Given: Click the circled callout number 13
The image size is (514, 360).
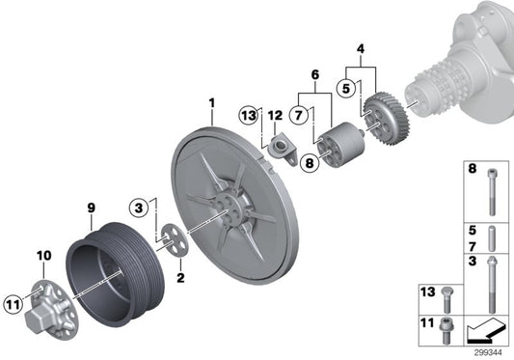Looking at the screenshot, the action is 249,116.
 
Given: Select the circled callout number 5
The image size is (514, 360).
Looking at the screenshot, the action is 346,88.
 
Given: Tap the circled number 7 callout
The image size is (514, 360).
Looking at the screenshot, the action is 298,115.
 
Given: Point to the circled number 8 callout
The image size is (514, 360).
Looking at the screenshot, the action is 310,162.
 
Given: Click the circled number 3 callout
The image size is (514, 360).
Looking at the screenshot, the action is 139,208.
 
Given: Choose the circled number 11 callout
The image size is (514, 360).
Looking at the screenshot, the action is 14,305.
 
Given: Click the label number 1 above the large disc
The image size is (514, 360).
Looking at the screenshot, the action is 212,103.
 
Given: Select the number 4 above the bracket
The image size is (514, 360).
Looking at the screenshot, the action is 361,49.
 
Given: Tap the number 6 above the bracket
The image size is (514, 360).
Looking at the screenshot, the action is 314,75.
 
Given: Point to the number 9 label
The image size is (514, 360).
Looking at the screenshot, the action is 91,208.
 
